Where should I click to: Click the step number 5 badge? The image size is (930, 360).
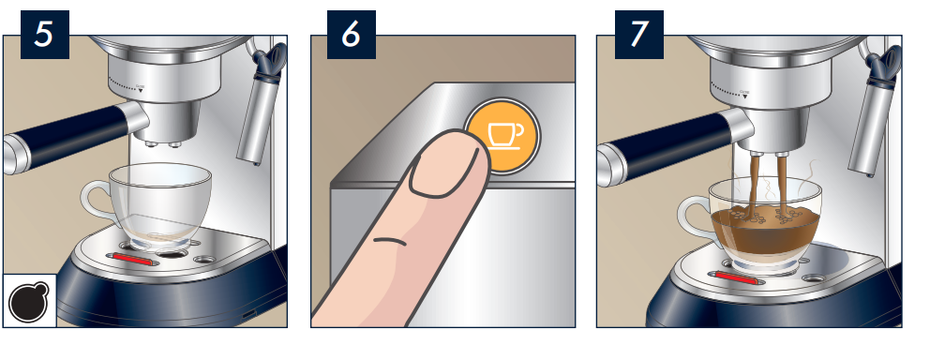coord(44,35)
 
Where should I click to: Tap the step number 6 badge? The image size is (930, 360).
coord(352,35)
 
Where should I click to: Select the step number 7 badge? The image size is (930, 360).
coord(638,35)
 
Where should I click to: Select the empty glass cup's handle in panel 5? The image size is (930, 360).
coord(95,202)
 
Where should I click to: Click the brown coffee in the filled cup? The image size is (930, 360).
coord(765,232)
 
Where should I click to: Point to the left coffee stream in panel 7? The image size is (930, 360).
coord(755,184)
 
